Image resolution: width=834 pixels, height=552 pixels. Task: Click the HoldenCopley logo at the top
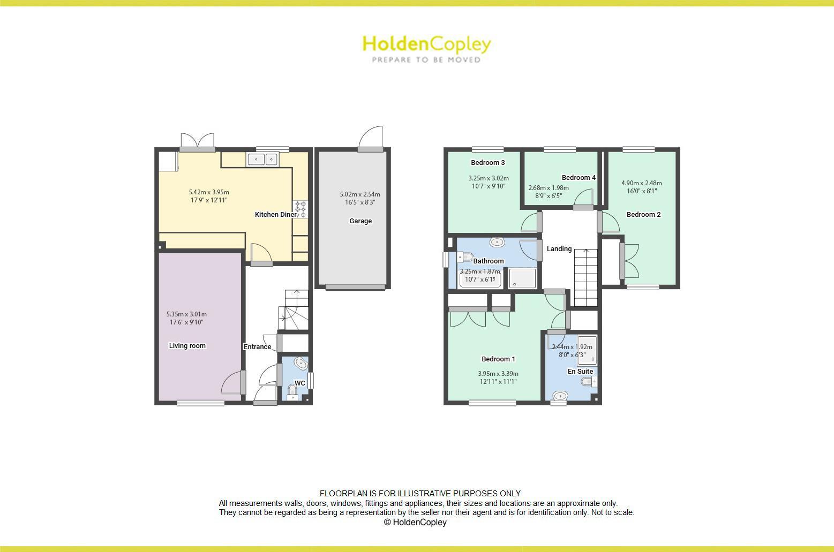[426, 48]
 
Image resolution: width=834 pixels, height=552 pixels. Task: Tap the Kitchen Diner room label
[275, 215]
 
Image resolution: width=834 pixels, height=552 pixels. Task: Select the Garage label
[360, 221]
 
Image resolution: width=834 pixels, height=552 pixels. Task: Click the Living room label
[187, 346]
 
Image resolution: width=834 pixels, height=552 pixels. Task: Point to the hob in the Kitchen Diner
[300, 209]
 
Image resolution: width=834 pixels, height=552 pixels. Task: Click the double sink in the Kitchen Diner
[262, 159]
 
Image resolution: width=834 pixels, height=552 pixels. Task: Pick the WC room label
[300, 383]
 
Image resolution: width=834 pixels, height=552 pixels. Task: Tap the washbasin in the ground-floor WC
[302, 364]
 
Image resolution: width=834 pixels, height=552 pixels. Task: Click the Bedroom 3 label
[488, 163]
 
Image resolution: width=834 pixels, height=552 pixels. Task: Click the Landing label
[559, 249]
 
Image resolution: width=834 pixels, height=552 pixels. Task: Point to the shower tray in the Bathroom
[522, 278]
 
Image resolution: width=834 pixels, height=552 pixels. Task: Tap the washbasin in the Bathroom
[497, 243]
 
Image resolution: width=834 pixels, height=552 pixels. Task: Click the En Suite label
[581, 372]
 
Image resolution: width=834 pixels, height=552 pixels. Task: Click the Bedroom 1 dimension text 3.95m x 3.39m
[498, 374]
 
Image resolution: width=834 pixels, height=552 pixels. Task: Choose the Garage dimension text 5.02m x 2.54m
[360, 194]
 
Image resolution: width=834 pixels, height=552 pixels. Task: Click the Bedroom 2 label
[643, 215]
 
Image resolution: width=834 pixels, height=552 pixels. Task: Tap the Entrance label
[258, 347]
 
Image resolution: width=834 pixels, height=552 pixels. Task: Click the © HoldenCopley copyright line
[415, 523]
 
